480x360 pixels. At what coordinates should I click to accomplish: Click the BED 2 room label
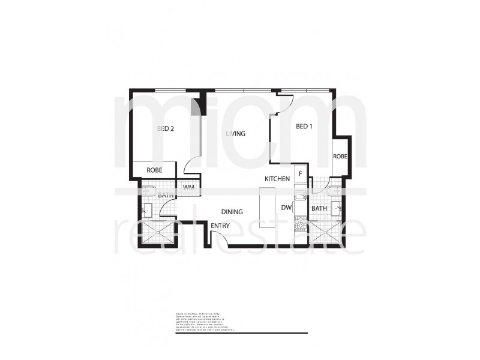click(165, 128)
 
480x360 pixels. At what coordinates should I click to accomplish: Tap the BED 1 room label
click(304, 127)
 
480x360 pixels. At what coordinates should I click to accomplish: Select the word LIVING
click(236, 134)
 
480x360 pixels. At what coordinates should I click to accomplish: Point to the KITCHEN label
click(278, 179)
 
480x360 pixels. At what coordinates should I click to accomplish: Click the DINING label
click(232, 212)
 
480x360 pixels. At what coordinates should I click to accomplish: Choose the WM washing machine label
click(188, 188)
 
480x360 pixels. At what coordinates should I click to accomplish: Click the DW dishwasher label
click(286, 208)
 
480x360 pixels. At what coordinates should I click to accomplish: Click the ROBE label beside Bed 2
click(154, 170)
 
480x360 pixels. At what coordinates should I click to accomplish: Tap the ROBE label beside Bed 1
click(340, 157)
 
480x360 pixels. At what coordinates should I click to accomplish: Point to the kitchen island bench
click(267, 205)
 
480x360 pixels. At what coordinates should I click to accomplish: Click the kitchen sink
click(299, 195)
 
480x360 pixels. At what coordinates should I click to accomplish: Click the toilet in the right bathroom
click(337, 192)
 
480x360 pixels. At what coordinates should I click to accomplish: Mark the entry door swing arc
click(223, 238)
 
